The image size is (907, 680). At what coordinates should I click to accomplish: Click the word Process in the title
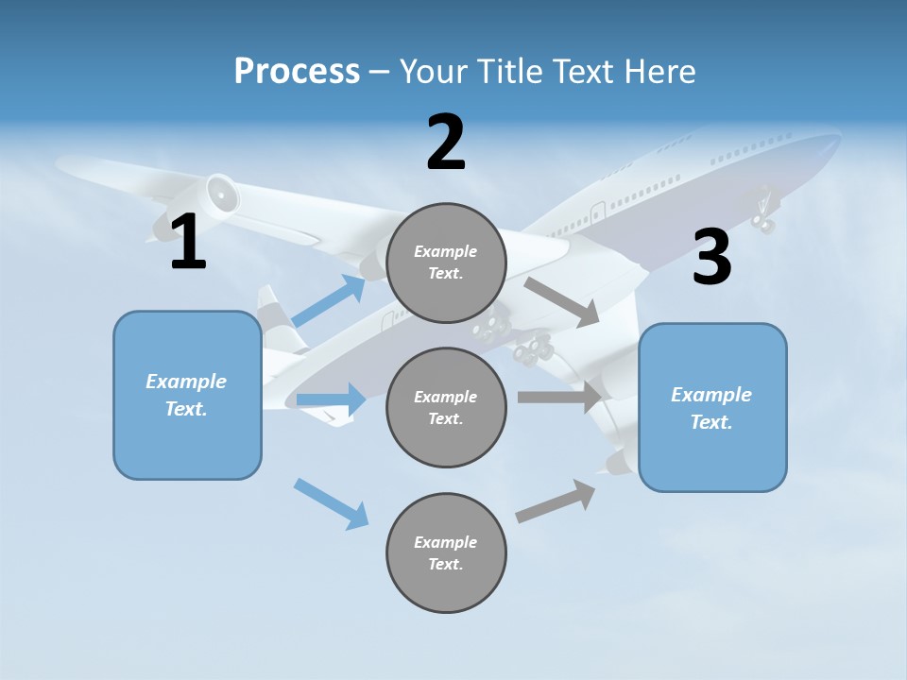coord(297,71)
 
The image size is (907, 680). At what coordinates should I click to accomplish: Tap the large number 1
coord(188,243)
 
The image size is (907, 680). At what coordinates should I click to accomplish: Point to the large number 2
coord(446,143)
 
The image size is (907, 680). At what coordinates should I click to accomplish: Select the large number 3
coord(711,258)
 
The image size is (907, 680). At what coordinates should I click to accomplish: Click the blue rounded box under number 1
coord(187,395)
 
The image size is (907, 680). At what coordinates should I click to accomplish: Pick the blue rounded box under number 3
coord(712,408)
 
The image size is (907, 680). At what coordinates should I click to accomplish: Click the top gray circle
coord(446,263)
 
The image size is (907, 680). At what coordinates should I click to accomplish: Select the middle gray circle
coord(446,407)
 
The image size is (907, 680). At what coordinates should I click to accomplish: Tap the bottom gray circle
coord(446,552)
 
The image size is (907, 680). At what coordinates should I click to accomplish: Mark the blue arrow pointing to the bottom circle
coord(332,503)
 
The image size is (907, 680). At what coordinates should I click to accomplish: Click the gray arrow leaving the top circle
coord(563,301)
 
